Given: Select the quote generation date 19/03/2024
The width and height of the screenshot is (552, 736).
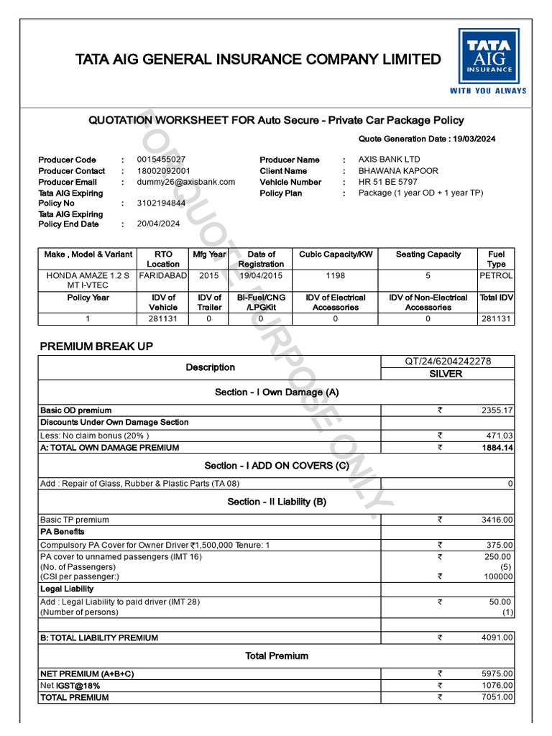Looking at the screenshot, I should point(472,139).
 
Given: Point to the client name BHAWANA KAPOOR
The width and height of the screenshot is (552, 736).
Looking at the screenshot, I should point(398,171).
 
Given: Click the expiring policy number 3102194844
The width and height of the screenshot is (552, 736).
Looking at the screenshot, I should point(161,203).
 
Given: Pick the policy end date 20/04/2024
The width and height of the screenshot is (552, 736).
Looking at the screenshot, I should point(158,224).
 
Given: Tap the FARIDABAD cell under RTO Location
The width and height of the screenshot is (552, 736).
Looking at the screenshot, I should point(163,275).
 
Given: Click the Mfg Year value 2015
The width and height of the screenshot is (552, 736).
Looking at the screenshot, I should point(209,275).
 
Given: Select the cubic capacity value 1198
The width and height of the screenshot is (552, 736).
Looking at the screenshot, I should point(335,275).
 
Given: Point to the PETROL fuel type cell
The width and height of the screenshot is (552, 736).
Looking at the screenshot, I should point(496,275).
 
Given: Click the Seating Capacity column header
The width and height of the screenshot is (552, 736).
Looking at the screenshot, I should point(428,254).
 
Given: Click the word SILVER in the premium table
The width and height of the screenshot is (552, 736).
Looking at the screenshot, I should point(446,374).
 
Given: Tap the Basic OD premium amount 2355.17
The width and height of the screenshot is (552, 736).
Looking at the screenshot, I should point(497,410).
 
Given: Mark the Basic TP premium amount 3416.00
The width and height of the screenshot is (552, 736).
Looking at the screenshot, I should point(497,520).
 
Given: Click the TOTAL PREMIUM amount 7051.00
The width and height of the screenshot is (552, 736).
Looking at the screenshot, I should point(497,697).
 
